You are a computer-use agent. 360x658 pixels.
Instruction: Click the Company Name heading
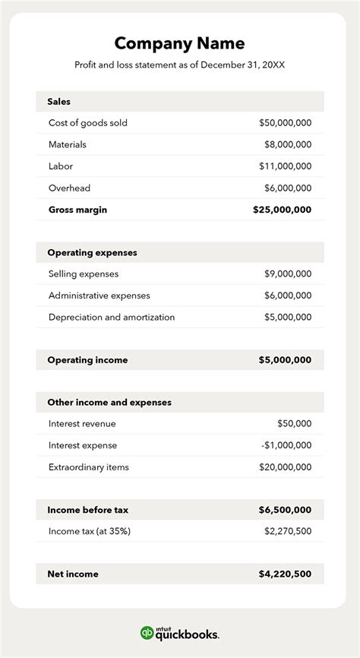pyautogui.click(x=179, y=43)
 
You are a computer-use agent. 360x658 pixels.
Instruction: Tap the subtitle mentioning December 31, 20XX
pyautogui.click(x=179, y=65)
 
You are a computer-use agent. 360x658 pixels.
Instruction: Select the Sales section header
pyautogui.click(x=58, y=101)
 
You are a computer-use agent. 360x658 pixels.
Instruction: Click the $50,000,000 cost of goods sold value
pyautogui.click(x=285, y=123)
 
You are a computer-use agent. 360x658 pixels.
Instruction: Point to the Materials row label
pyautogui.click(x=68, y=144)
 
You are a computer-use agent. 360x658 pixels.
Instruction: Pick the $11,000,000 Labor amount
pyautogui.click(x=285, y=166)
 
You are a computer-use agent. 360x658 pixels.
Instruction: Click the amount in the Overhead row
pyautogui.click(x=288, y=188)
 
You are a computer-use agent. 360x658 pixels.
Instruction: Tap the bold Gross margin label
pyautogui.click(x=77, y=210)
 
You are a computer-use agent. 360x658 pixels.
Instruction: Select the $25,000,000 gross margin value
pyautogui.click(x=282, y=210)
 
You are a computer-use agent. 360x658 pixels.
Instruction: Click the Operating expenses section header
pyautogui.click(x=92, y=252)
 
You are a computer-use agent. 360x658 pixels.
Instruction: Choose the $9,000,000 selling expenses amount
pyautogui.click(x=288, y=274)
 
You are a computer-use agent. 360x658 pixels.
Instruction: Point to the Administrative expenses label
pyautogui.click(x=99, y=296)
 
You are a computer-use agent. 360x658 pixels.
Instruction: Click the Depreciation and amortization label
pyautogui.click(x=112, y=317)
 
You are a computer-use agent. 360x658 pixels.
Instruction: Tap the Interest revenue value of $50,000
pyautogui.click(x=294, y=424)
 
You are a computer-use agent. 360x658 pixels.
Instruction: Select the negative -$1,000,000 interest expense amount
pyautogui.click(x=286, y=445)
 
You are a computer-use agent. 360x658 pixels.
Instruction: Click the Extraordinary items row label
pyautogui.click(x=89, y=467)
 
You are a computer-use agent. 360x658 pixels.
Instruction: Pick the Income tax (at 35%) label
pyautogui.click(x=90, y=531)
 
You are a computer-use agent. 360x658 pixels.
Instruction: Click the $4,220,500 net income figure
pyautogui.click(x=285, y=574)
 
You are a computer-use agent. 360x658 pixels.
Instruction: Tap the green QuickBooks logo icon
pyautogui.click(x=147, y=633)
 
